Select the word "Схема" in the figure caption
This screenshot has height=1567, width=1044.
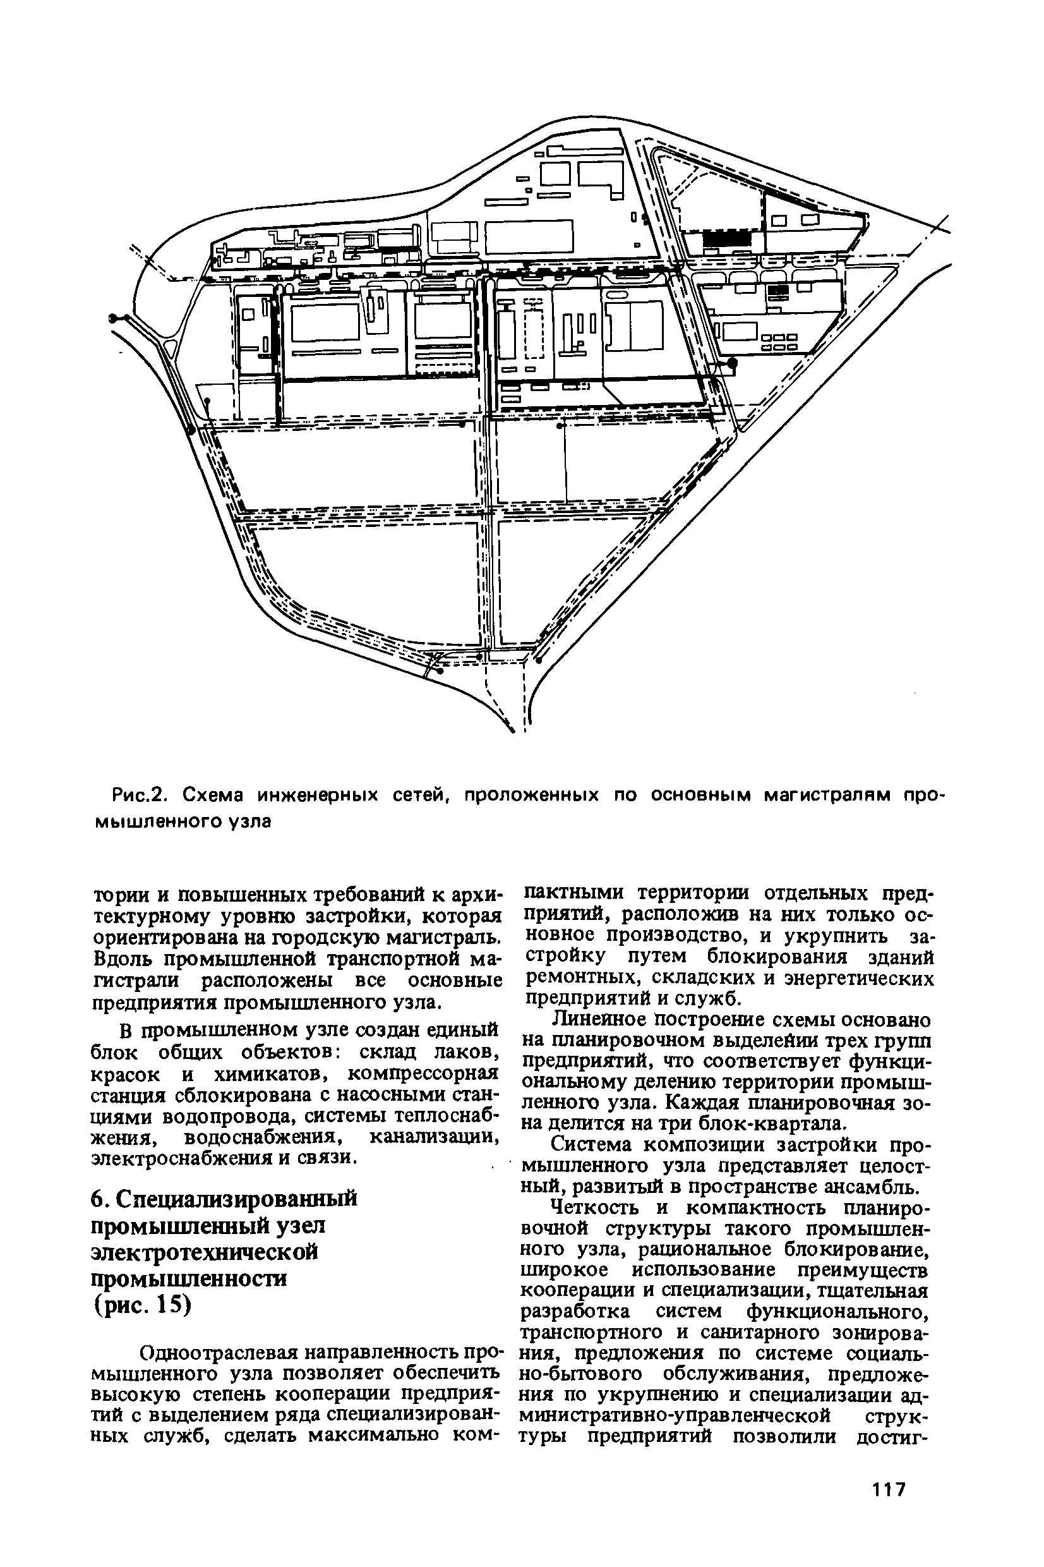(x=211, y=795)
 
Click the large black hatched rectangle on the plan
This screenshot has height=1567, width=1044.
(x=728, y=238)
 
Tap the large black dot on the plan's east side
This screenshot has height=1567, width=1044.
(x=733, y=363)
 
